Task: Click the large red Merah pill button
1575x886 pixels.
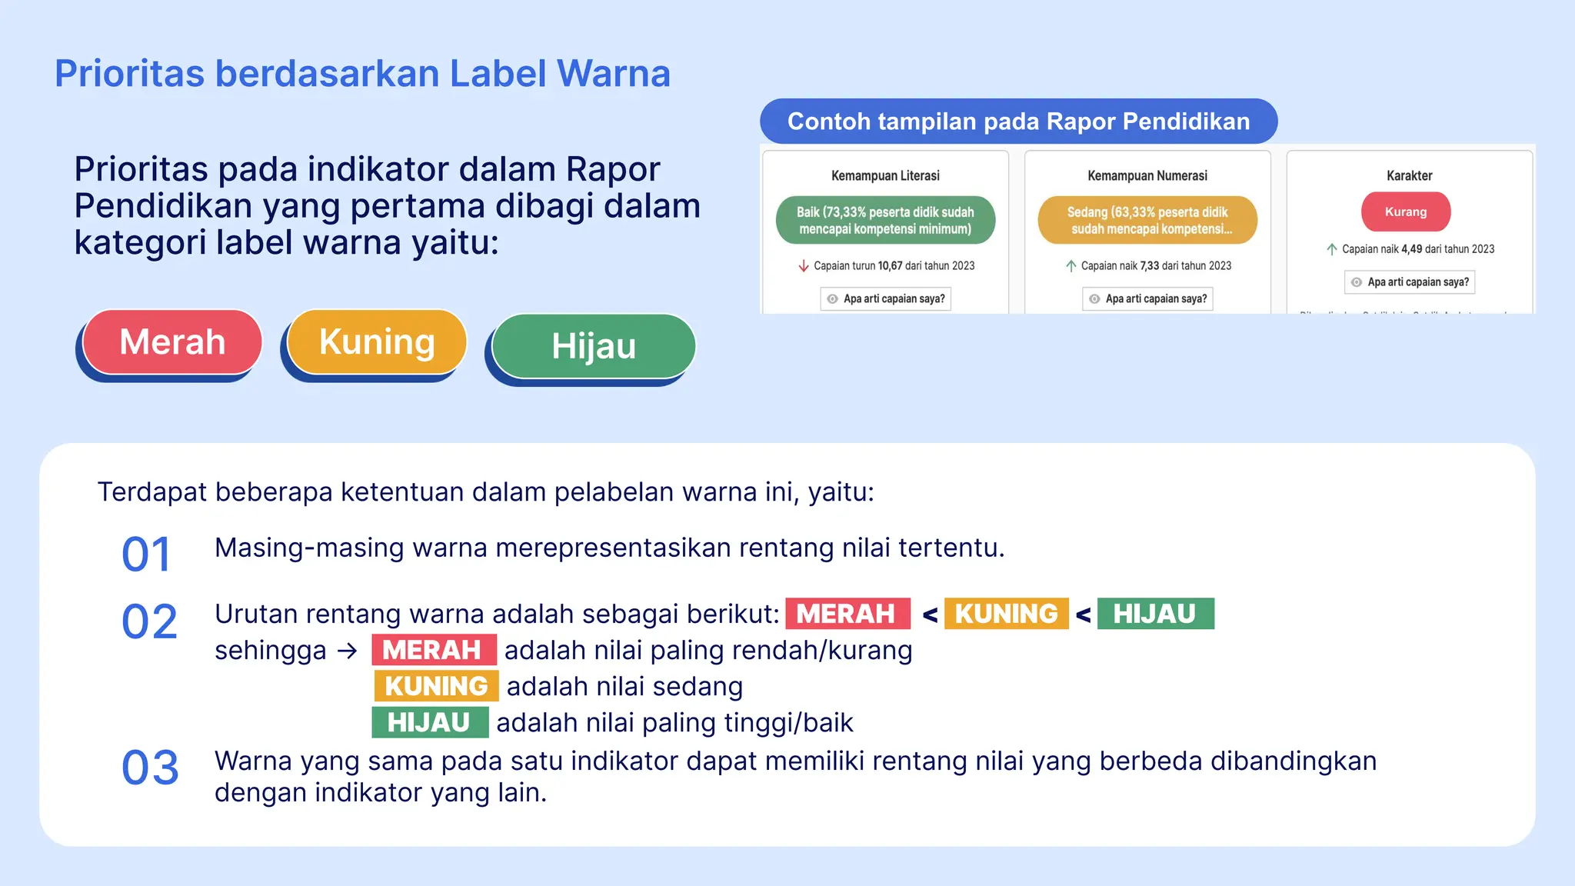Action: click(x=172, y=341)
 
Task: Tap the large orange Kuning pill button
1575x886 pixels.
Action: click(x=377, y=341)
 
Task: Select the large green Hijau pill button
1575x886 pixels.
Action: click(x=594, y=346)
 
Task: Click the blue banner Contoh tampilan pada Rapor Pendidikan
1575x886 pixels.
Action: click(x=1018, y=122)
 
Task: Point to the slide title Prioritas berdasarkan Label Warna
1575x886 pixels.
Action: click(x=362, y=74)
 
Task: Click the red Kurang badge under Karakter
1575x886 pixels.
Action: click(x=1406, y=212)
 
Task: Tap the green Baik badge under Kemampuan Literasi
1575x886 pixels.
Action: click(x=885, y=221)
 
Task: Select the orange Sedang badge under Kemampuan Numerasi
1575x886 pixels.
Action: click(x=1147, y=221)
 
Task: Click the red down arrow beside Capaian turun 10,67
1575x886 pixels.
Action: click(x=804, y=266)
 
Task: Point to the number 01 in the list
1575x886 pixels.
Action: click(x=146, y=555)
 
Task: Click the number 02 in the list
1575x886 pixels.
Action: click(x=149, y=621)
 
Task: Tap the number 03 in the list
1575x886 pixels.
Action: click(x=150, y=768)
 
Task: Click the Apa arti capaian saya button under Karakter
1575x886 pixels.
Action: click(x=1410, y=282)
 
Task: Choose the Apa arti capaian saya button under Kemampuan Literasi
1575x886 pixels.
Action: click(x=885, y=299)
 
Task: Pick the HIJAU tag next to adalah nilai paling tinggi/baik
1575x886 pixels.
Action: click(x=429, y=723)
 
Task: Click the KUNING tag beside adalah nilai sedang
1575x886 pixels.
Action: click(x=436, y=686)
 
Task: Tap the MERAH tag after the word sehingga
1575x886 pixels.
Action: click(x=433, y=650)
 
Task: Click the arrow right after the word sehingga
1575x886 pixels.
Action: click(x=348, y=651)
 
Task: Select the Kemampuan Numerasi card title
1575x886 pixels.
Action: click(x=1147, y=176)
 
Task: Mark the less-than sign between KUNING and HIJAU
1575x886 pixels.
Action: click(x=1084, y=615)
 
